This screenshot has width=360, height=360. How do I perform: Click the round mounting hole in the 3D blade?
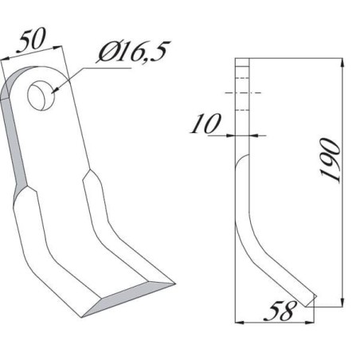pyautogui.click(x=39, y=98)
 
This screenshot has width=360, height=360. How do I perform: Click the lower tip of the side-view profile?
pyautogui.click(x=314, y=302)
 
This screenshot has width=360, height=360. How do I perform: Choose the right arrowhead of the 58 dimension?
pyautogui.click(x=313, y=321)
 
